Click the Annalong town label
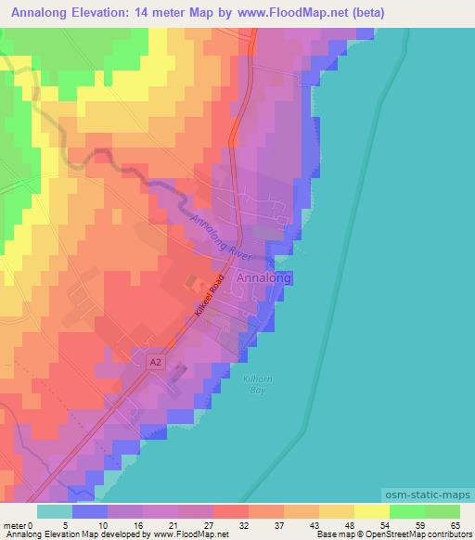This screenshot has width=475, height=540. [x=264, y=277]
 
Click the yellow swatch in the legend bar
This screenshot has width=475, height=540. [x=371, y=511]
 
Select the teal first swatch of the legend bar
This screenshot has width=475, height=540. [x=55, y=511]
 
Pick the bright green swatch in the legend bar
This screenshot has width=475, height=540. [x=406, y=511]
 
